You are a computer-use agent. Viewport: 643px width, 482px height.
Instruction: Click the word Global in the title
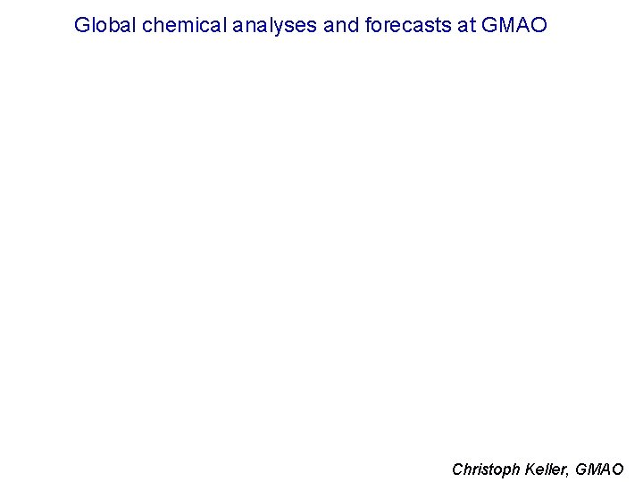(105, 25)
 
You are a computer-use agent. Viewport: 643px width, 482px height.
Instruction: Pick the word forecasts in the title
(408, 25)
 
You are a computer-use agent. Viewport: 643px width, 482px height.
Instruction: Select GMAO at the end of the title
(514, 25)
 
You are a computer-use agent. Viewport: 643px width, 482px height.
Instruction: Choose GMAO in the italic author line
(601, 469)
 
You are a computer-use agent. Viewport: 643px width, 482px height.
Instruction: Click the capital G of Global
(82, 25)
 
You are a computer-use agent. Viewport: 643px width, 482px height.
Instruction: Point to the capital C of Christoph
(458, 469)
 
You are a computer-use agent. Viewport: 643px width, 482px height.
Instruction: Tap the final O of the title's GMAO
(538, 25)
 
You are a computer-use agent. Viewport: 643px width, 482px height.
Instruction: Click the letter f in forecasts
(369, 25)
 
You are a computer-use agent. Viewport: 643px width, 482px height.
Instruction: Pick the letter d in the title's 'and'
(353, 25)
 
